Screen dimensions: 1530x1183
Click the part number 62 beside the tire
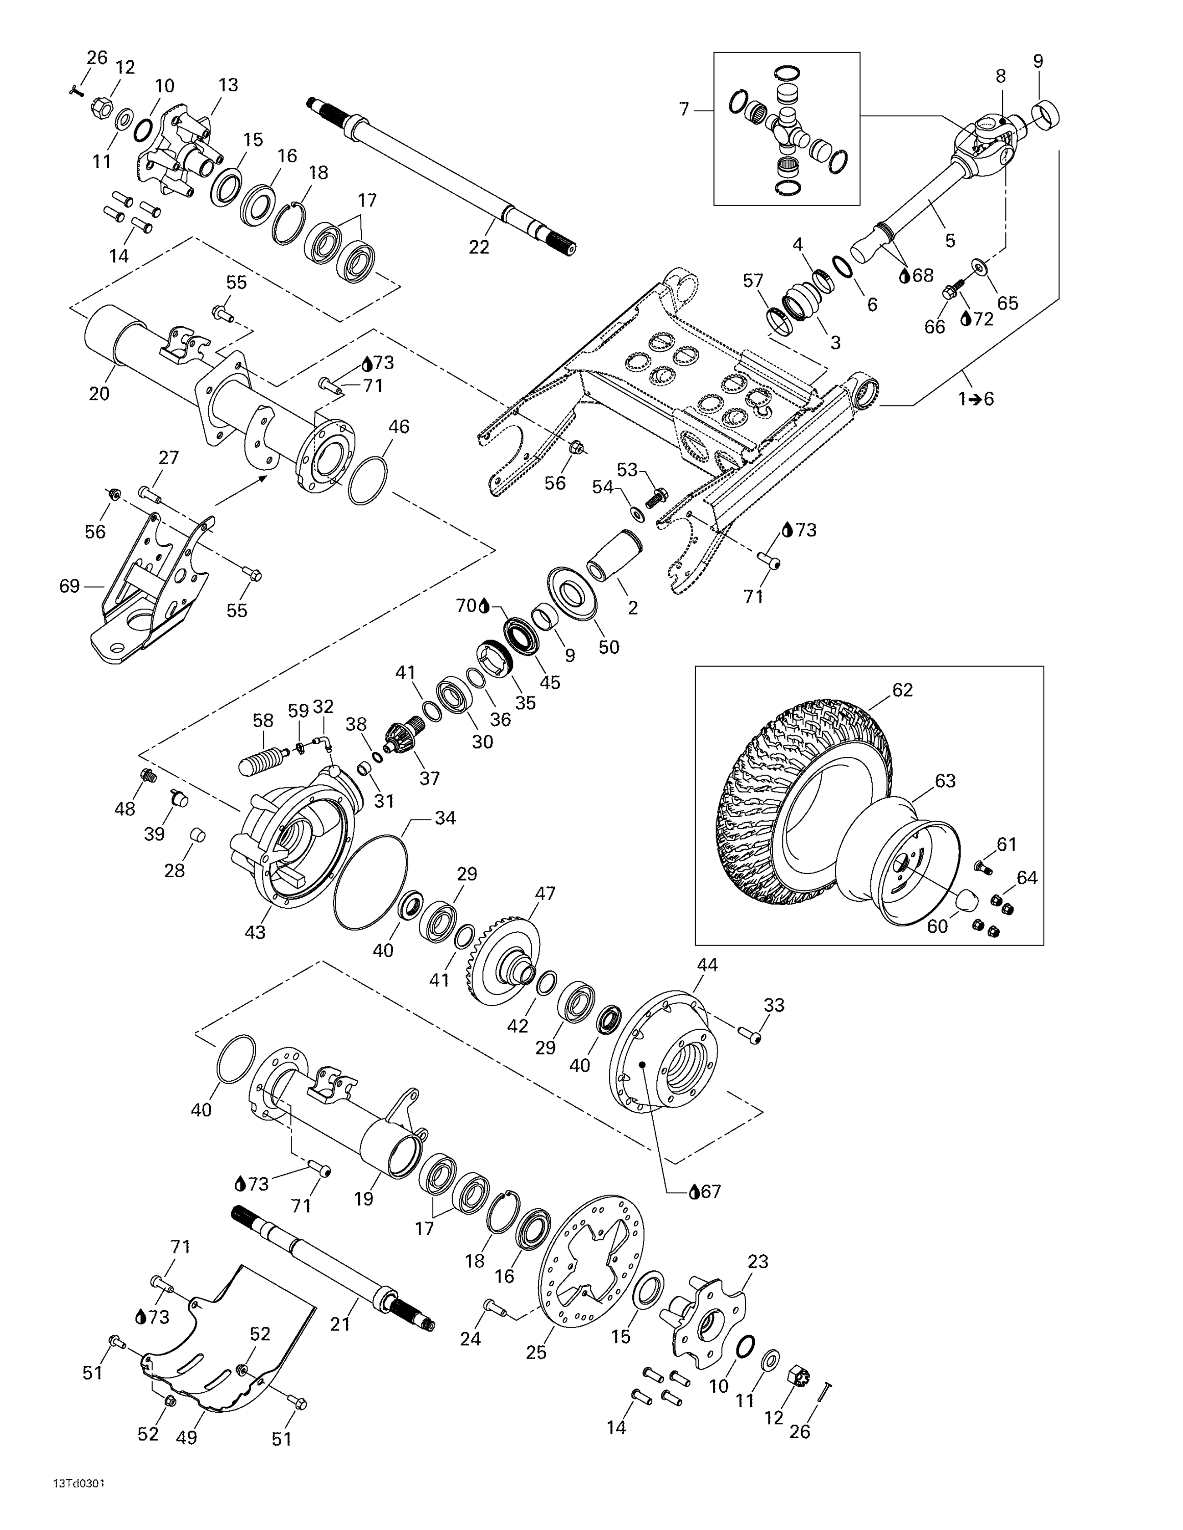[902, 690]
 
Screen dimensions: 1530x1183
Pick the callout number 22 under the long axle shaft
[479, 247]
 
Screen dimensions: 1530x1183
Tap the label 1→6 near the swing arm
[976, 399]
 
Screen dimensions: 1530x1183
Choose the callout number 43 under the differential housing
[255, 932]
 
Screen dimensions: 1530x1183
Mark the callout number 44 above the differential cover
[707, 964]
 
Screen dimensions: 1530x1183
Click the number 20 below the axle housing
[99, 394]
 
